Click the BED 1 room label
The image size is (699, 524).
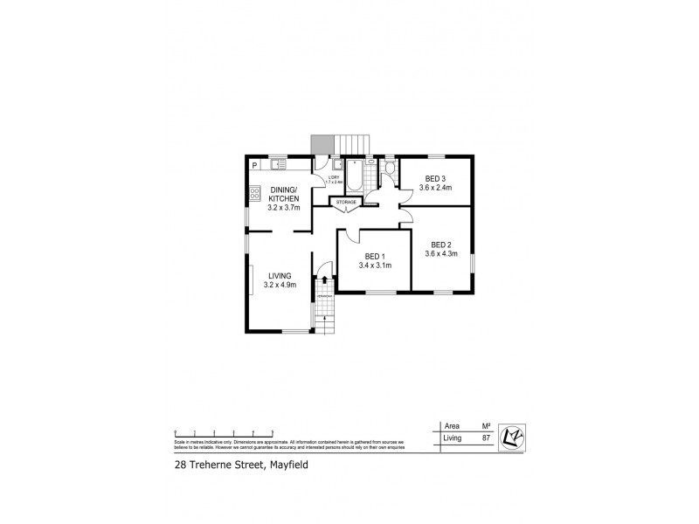374,255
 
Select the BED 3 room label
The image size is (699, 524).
436,179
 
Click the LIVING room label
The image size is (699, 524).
280,276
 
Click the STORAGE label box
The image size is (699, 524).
347,203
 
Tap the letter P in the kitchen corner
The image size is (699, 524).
254,164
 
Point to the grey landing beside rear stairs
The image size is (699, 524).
322,145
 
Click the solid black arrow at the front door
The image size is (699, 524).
325,279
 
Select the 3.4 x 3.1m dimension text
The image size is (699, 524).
374,265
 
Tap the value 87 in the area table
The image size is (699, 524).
485,438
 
